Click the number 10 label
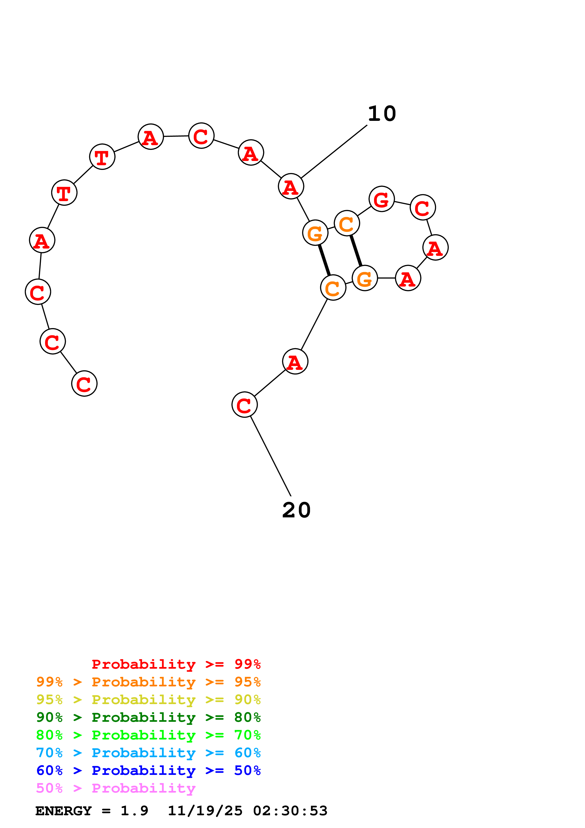pyautogui.click(x=382, y=114)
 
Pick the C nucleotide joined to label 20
pyautogui.click(x=244, y=405)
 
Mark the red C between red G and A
pyautogui.click(x=423, y=207)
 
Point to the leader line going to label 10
pyautogui.click(x=334, y=152)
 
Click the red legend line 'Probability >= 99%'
pyautogui.click(x=176, y=664)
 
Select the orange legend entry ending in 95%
pyautogui.click(x=148, y=682)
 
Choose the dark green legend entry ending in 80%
pyautogui.click(x=148, y=717)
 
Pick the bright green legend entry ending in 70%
pyautogui.click(x=148, y=735)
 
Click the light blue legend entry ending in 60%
pyautogui.click(x=148, y=753)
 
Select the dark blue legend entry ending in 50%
pyautogui.click(x=148, y=770)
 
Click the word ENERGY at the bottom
pyautogui.click(x=63, y=811)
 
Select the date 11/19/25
pyautogui.click(x=205, y=811)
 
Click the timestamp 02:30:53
pyautogui.click(x=290, y=811)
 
